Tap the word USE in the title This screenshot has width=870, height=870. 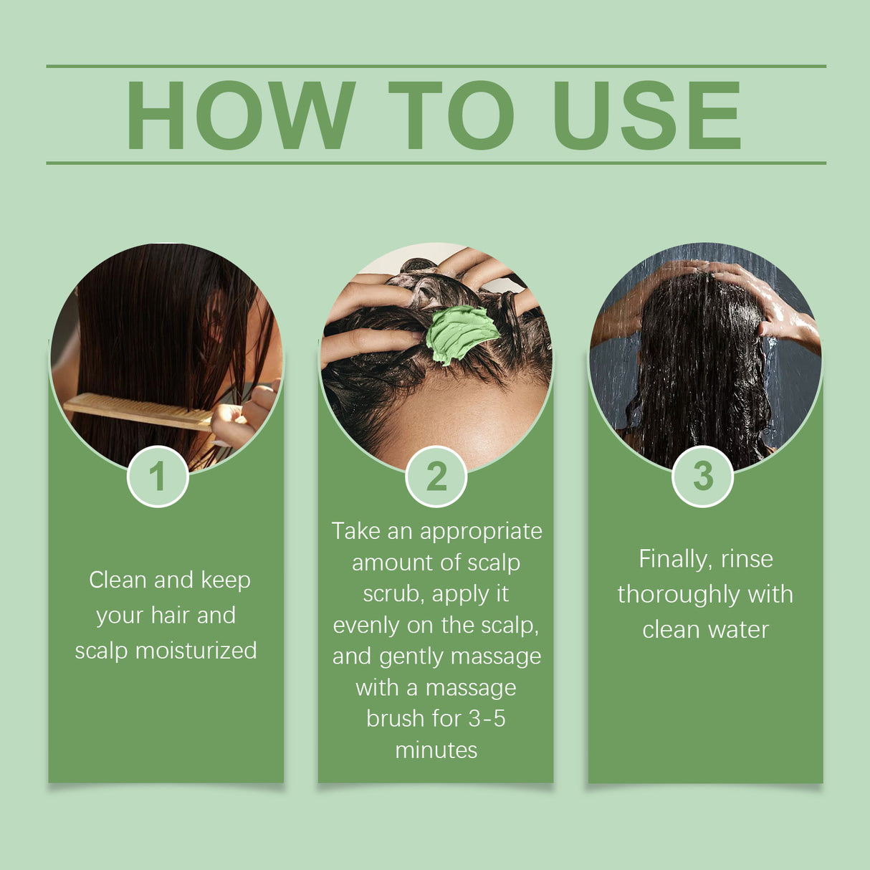tap(646, 115)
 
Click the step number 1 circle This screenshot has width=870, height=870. tap(158, 477)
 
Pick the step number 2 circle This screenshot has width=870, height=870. tap(436, 477)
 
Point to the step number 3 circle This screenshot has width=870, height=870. tap(703, 476)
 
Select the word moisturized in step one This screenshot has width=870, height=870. tap(196, 651)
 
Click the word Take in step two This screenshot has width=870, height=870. tap(355, 531)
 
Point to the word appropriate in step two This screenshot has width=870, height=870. tap(481, 532)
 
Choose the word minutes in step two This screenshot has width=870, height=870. tap(436, 750)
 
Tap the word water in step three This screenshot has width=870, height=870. tap(739, 630)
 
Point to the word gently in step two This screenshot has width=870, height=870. tap(411, 657)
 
